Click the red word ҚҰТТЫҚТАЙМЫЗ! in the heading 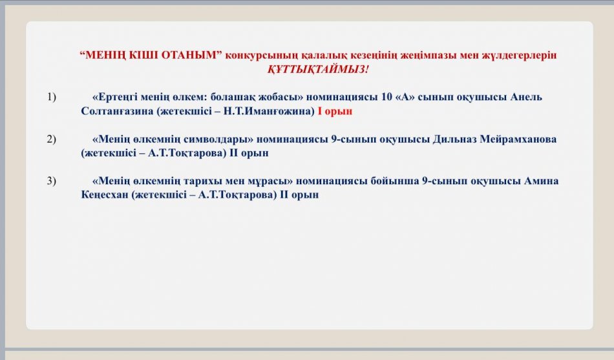318,69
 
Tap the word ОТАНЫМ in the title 192,56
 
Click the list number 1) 52,98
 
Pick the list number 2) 52,140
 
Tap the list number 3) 52,181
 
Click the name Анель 526,98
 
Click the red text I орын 335,111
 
